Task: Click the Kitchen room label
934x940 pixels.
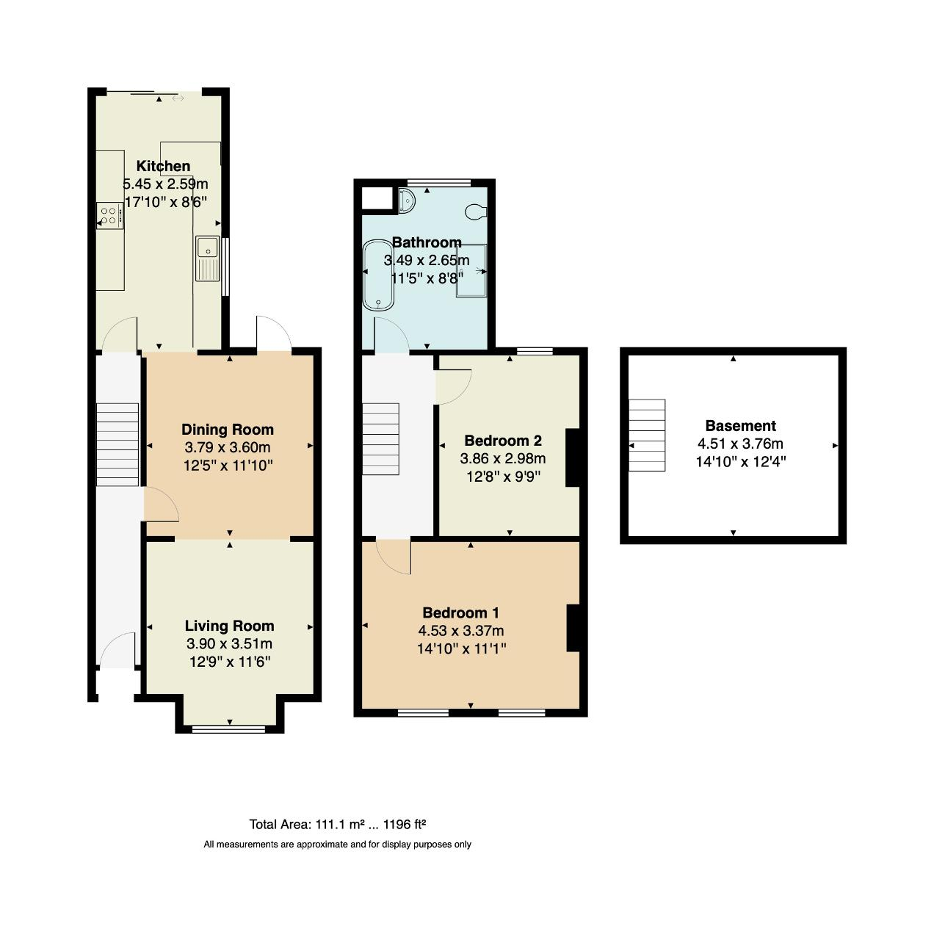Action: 163,166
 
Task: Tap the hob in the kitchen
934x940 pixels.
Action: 109,216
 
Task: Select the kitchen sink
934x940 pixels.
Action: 207,258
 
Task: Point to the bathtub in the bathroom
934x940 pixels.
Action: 378,275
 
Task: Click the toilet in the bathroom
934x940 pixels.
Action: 476,211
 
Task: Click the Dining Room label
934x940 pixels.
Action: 228,430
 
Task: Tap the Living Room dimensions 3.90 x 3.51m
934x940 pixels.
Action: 229,643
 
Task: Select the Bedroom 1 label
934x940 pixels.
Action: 460,612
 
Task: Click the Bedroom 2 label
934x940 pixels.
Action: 503,441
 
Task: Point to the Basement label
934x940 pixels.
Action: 740,426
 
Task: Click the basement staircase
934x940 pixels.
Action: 647,435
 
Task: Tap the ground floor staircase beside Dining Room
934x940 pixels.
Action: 117,444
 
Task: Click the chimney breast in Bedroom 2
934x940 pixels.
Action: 573,458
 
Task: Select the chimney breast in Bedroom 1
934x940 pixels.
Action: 573,628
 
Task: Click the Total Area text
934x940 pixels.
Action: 338,824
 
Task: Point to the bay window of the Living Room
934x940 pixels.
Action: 229,728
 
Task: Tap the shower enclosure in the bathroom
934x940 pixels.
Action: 471,270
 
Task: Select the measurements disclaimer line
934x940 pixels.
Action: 337,845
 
